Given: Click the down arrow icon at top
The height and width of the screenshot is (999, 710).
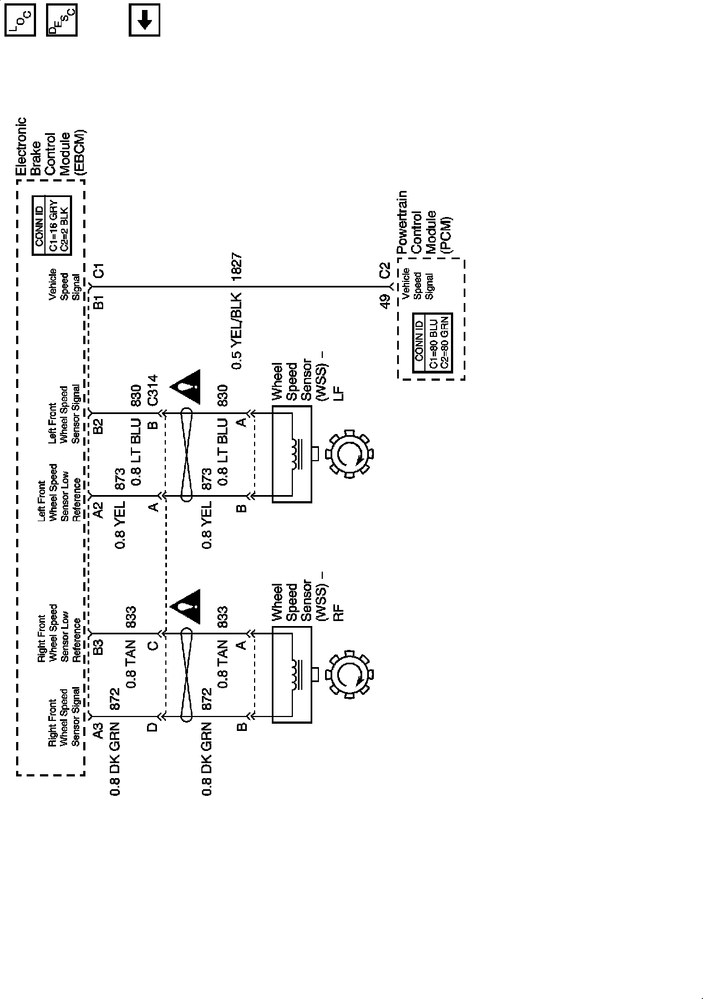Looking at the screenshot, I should pos(144,21).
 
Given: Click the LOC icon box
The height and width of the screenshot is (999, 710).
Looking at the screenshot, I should pos(20,21).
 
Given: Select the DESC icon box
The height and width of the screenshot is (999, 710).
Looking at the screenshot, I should pos(62,21).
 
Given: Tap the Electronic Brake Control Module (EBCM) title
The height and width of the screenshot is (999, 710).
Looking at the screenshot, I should pos(50,147).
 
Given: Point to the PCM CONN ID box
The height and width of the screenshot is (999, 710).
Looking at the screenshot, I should pos(434,342).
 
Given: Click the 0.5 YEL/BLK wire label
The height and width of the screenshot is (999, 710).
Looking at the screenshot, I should pos(236,331).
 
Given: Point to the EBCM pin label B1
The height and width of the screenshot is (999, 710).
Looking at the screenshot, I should pos(99,302).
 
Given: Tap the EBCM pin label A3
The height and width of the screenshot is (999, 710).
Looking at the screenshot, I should pos(98,730).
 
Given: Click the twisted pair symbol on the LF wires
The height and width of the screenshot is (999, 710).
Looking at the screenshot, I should pos(187,454).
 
